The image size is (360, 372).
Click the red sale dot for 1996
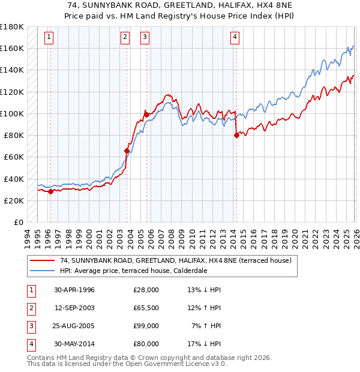point(51,192)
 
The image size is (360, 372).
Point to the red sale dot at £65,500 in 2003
point(127,151)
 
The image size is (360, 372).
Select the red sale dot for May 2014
point(236,135)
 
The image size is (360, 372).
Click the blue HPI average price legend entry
point(142,271)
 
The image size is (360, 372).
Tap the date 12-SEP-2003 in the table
point(74,308)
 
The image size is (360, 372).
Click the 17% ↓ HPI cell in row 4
point(204,344)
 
